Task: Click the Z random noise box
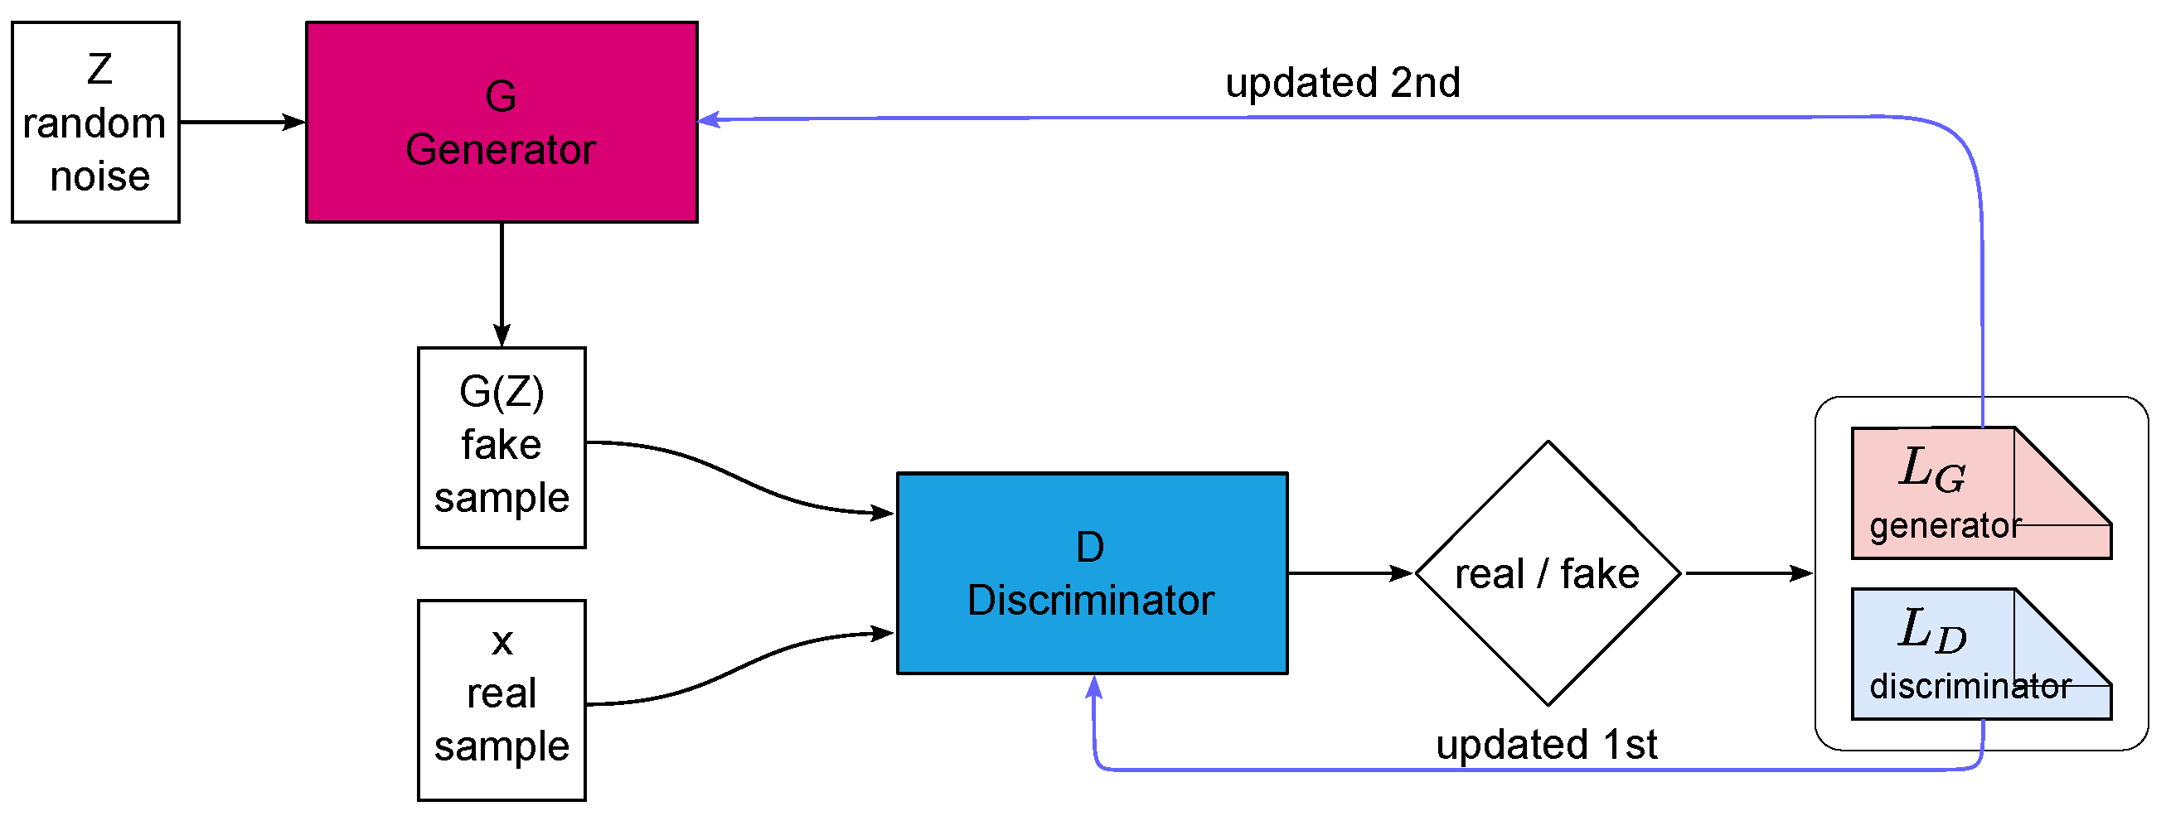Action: [95, 122]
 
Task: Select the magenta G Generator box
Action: [502, 122]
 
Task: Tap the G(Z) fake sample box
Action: [502, 447]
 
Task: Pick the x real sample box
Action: [502, 699]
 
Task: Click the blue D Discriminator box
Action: [1092, 573]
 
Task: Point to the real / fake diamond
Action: [1547, 573]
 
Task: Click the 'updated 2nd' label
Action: [1342, 82]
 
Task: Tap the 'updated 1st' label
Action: [1545, 745]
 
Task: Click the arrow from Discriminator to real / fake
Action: [1350, 573]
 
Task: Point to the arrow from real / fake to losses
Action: [1749, 573]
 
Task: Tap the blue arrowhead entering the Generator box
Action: [709, 120]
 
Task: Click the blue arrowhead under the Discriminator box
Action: [1093, 687]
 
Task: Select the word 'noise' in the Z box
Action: [99, 176]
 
